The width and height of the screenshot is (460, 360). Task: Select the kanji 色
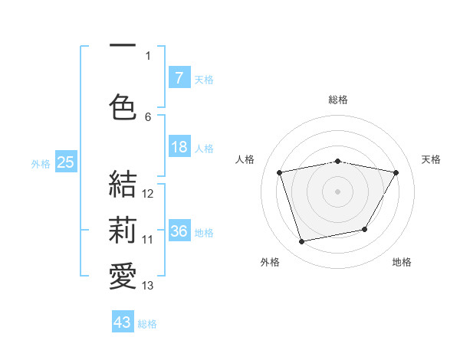point(123,106)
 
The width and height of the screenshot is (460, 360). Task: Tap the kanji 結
point(123,184)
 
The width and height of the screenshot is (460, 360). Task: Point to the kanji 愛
point(123,277)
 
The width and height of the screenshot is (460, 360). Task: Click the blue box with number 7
point(179,77)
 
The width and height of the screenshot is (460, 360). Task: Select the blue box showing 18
point(179,147)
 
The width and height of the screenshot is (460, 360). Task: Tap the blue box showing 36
point(179,231)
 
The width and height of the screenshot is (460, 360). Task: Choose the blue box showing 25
point(65,162)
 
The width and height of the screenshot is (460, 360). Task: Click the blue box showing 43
point(123,322)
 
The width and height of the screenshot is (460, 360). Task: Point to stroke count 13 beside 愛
point(148,286)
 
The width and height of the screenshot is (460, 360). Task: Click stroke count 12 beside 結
point(148,194)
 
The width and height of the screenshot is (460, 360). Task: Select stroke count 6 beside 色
point(148,116)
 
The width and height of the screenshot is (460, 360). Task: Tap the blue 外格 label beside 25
point(41,163)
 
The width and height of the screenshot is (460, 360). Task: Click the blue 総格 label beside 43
point(147,324)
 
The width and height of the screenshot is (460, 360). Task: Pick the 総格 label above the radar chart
point(338,100)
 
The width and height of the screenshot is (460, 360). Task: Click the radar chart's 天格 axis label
point(431,159)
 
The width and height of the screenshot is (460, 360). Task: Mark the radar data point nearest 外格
point(302,241)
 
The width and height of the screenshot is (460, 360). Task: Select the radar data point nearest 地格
point(365,229)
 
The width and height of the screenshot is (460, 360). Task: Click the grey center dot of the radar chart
point(338,191)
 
